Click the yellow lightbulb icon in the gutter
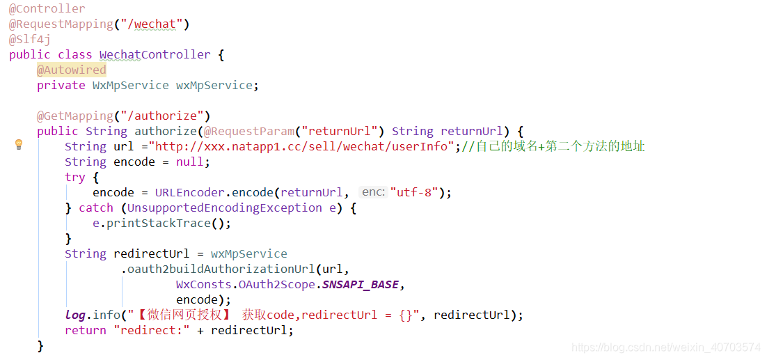(19, 145)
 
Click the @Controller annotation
(47, 9)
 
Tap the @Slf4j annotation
(29, 40)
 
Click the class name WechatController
(155, 55)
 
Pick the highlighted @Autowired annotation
(71, 70)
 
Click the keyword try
(74, 178)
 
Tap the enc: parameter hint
(373, 193)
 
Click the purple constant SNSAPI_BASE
(360, 285)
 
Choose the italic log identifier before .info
(75, 315)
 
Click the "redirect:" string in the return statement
(151, 331)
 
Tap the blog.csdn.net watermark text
(665, 347)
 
